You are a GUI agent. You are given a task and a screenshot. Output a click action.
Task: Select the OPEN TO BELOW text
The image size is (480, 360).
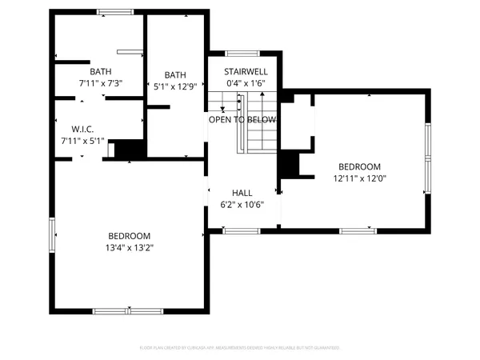pyautogui.click(x=242, y=119)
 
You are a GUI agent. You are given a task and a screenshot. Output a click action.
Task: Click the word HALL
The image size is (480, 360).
pyautogui.click(x=242, y=193)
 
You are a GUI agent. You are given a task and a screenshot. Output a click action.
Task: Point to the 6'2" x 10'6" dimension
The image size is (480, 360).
pyautogui.click(x=242, y=204)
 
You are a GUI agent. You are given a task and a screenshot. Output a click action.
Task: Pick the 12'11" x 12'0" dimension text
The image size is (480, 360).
pyautogui.click(x=358, y=178)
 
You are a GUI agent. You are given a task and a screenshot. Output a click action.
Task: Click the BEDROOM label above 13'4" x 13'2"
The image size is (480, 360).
pyautogui.click(x=130, y=236)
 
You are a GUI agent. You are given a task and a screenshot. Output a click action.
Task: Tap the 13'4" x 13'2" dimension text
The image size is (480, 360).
pyautogui.click(x=130, y=247)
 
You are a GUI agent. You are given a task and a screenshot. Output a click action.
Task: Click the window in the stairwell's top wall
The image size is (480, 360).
pyautogui.click(x=243, y=54)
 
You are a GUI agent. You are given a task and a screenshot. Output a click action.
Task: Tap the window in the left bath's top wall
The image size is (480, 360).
pyautogui.click(x=122, y=11)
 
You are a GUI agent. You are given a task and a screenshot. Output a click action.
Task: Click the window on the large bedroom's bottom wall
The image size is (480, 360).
pyautogui.click(x=128, y=310)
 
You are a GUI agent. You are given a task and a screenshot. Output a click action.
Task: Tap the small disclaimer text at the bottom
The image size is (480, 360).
pyautogui.click(x=240, y=348)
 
